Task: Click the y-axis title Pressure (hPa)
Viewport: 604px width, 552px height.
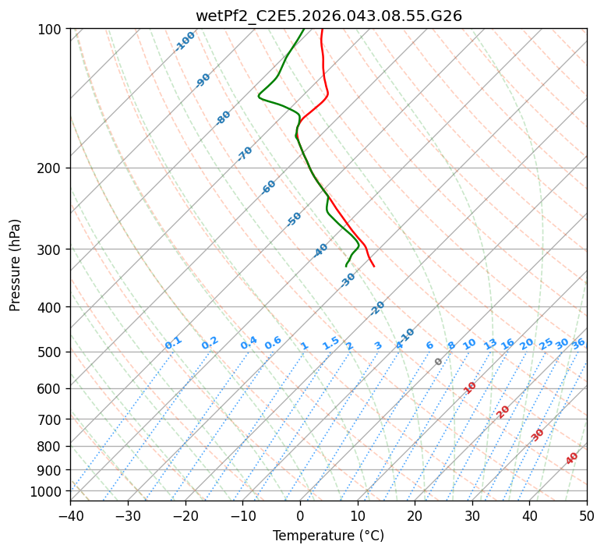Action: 16,264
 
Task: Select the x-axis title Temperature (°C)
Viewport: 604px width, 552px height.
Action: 328,536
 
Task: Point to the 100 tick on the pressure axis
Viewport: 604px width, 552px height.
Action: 52,29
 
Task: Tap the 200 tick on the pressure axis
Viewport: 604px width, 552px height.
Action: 52,168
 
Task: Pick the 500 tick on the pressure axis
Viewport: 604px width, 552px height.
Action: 52,352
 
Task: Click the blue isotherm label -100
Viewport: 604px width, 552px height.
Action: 185,41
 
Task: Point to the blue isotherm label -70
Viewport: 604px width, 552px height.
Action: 245,154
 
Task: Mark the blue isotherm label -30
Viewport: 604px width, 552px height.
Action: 348,280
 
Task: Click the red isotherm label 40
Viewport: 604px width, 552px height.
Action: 572,458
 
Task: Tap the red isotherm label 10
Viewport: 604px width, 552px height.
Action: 470,387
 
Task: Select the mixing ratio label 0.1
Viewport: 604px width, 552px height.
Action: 173,343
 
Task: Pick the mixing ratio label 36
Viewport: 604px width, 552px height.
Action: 578,343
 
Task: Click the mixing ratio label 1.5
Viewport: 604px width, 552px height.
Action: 330,343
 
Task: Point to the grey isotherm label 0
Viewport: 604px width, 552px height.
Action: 439,362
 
